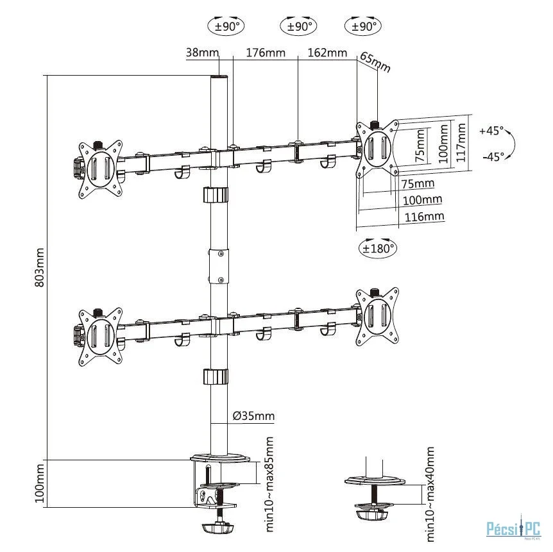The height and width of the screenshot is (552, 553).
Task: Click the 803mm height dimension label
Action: coord(40,267)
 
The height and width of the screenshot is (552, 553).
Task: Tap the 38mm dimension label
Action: coord(203,53)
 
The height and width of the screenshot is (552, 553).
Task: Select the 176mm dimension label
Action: coord(266,53)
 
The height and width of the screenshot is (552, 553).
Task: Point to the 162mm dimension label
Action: coord(327,53)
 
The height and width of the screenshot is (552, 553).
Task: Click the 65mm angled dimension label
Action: coord(375,62)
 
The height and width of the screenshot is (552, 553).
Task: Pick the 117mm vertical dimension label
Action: coord(461,142)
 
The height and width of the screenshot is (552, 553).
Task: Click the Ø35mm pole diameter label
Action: coord(253,416)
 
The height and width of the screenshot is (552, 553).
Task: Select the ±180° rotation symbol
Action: coord(378,248)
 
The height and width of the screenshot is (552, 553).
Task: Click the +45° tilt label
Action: coord(491,131)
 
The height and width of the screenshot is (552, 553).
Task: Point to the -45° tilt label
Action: coord(493,156)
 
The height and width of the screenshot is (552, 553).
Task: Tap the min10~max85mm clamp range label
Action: coord(269,484)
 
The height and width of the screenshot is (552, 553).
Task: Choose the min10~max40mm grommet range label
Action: coord(430,494)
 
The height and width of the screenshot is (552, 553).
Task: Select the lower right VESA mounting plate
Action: coord(378,317)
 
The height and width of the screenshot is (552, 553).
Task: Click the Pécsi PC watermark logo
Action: coord(513,529)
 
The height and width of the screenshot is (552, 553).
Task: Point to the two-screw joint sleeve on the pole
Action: coord(219,267)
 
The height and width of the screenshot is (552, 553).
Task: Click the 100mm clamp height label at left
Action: coord(40,483)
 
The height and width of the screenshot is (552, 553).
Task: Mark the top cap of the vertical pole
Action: coord(219,77)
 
